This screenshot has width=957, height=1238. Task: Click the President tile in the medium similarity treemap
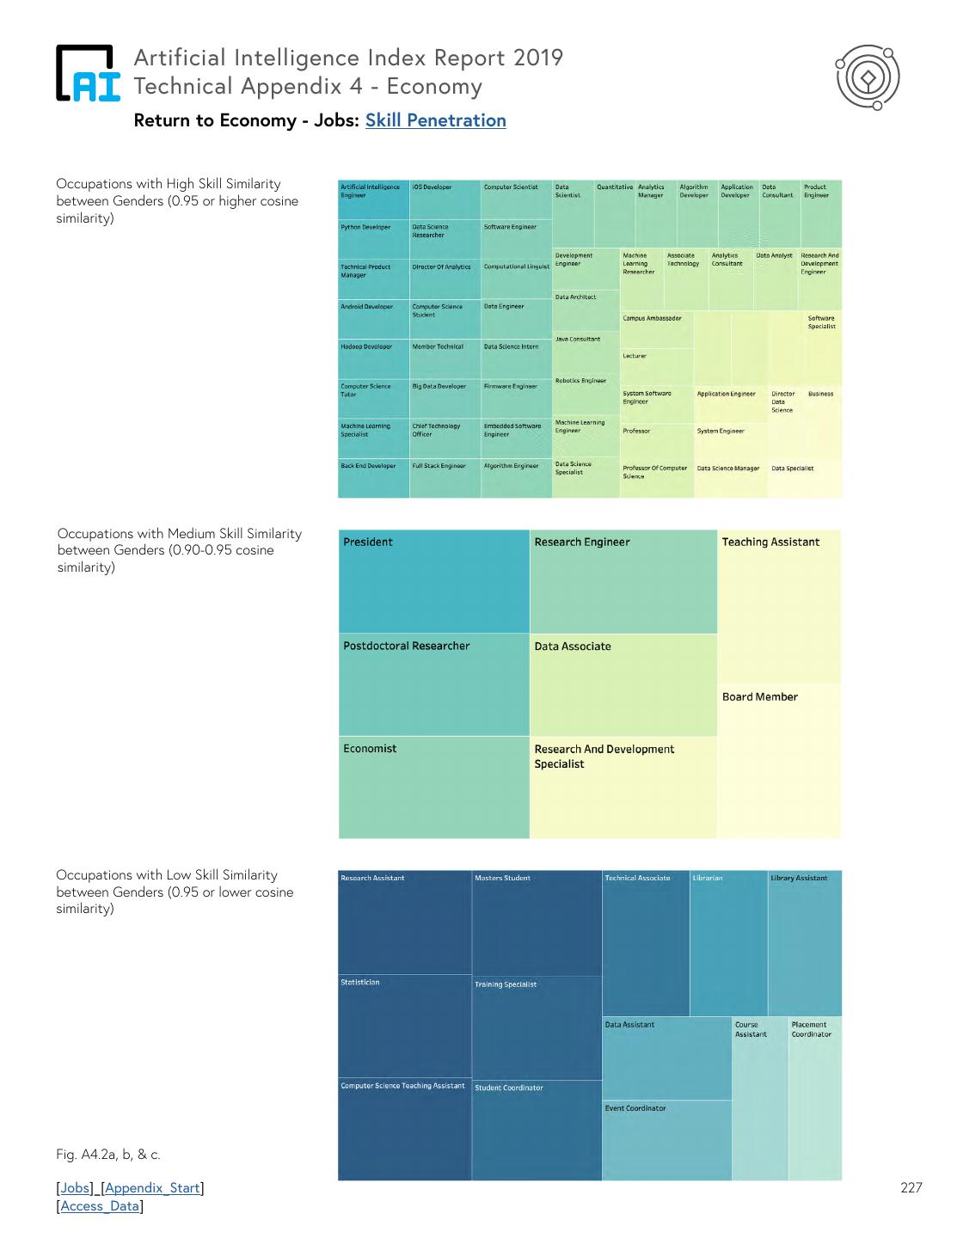coord(433,581)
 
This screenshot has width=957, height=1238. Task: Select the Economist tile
coord(433,787)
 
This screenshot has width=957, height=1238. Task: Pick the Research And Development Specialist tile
coord(623,787)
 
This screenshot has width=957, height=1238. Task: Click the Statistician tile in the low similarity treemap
coord(404,1026)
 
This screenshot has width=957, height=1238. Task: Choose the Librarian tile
coord(728,943)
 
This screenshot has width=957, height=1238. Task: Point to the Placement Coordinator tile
coord(815,1098)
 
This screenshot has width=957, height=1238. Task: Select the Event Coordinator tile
coord(666,1139)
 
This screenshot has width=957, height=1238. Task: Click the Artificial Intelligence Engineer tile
coord(373,199)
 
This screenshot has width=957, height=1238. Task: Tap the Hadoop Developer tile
coord(373,359)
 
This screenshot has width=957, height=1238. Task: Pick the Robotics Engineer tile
coord(585,395)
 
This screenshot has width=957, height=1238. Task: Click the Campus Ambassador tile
coord(656,329)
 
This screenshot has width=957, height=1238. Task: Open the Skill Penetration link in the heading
coord(435,120)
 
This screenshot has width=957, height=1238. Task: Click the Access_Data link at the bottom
coord(100,1206)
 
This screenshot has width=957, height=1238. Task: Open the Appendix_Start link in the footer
coord(152,1188)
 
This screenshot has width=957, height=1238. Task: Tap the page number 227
coord(911,1188)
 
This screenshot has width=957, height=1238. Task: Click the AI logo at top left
coord(88,74)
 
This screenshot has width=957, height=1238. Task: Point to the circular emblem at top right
coord(868,78)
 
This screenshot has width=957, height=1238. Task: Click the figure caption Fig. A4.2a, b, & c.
coord(108,1155)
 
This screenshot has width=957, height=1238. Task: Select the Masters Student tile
coord(537,922)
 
